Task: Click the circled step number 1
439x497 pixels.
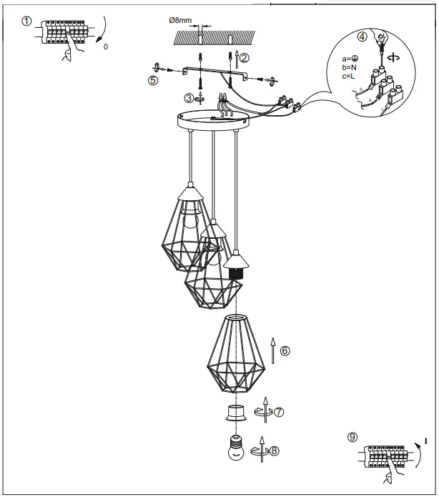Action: [27, 21]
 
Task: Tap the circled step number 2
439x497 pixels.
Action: [245, 57]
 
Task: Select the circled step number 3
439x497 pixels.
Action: [189, 97]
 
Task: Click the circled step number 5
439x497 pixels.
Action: [153, 81]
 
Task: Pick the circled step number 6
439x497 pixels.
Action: [285, 350]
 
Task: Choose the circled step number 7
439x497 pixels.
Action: [280, 412]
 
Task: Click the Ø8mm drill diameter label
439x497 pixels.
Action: [179, 20]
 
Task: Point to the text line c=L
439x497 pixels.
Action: [353, 76]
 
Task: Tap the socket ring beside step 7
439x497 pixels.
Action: [234, 413]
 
